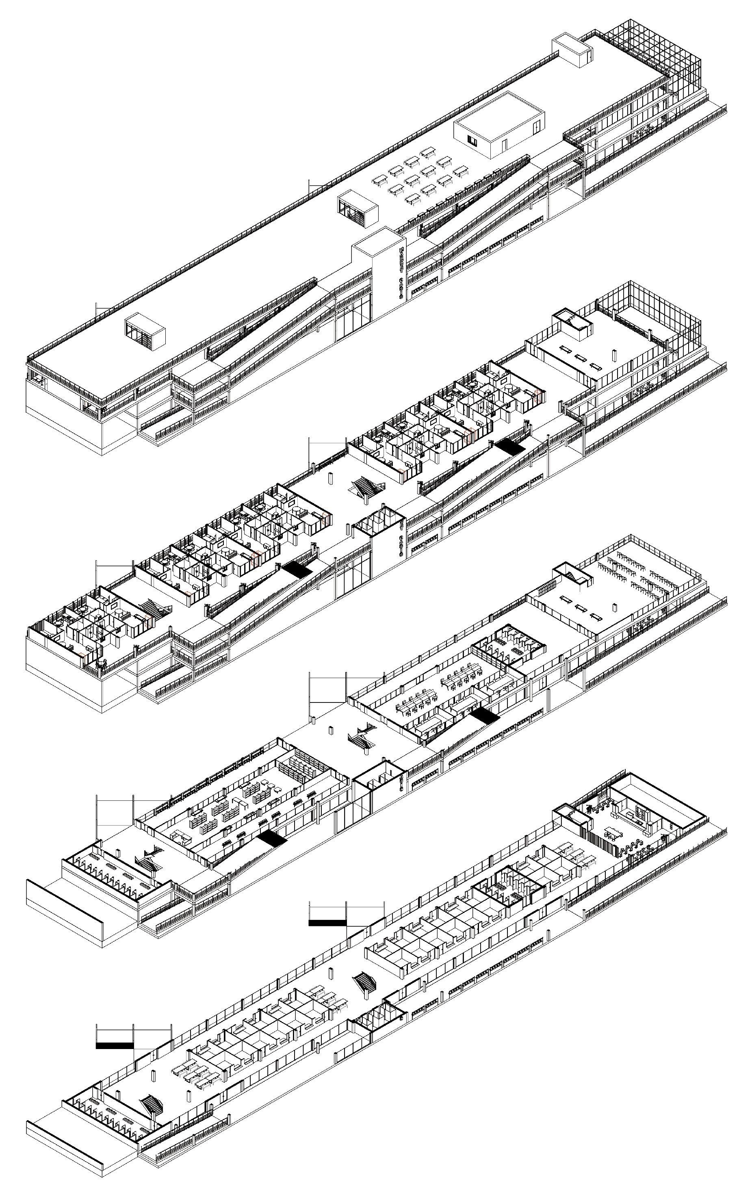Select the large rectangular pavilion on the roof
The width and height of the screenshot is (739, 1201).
[499, 124]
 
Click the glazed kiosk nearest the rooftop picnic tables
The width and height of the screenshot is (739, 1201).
[358, 209]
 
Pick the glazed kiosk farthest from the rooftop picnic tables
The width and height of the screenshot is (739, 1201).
[145, 333]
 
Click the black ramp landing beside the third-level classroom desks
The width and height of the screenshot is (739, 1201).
[485, 717]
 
